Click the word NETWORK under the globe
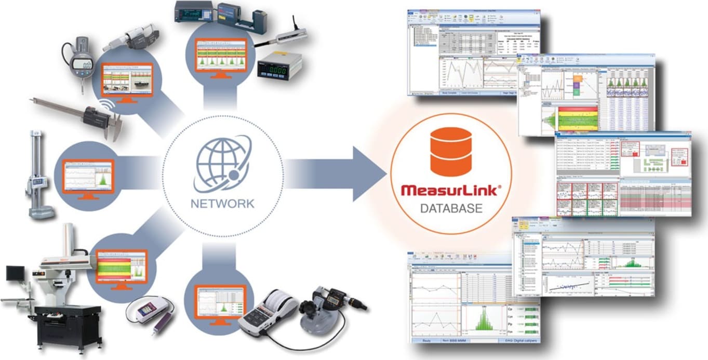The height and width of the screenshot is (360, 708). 222,203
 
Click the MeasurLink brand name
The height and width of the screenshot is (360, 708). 451,190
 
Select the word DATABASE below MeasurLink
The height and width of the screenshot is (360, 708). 451,209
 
